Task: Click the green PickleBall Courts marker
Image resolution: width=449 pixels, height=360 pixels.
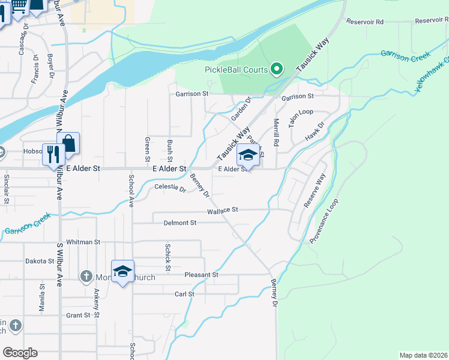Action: point(277,70)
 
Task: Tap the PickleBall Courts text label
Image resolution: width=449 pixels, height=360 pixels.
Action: point(236,70)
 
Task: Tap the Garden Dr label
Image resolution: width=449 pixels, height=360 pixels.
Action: point(240,109)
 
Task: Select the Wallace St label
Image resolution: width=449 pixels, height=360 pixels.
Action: point(223,211)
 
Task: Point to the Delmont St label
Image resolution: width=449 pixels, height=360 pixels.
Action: point(180,223)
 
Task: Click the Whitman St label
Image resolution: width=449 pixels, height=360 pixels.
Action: point(83,242)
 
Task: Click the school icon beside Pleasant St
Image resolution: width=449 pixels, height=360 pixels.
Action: point(123,272)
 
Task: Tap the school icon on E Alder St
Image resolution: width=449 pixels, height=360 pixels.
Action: point(248,155)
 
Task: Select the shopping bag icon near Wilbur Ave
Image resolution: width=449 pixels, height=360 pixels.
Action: point(68,144)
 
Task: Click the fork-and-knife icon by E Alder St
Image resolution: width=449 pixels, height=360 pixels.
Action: point(53,155)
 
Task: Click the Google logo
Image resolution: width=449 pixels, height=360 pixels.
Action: point(20,352)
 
